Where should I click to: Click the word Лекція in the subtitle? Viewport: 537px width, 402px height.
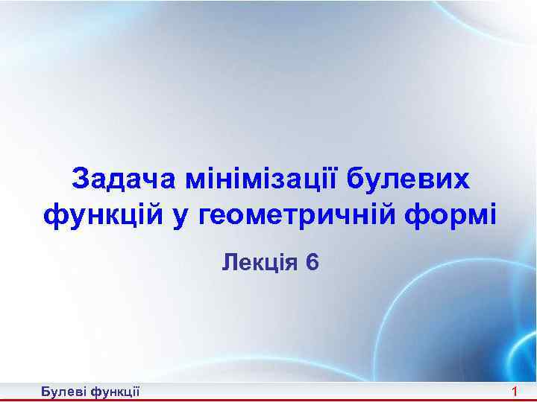tap(254, 262)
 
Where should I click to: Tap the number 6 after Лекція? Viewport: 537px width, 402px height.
tap(312, 262)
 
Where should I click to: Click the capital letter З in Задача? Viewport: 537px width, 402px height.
tap(81, 179)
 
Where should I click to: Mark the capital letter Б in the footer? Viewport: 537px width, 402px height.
tap(45, 392)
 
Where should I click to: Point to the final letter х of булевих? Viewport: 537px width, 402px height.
tap(462, 181)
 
